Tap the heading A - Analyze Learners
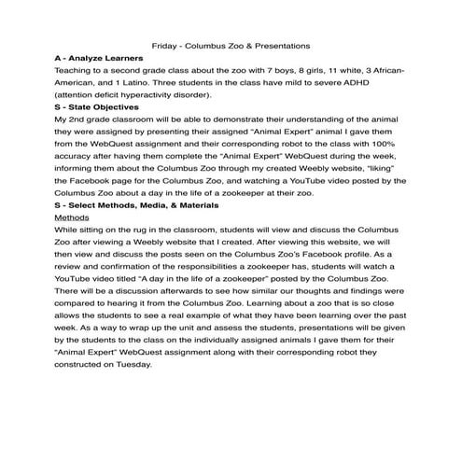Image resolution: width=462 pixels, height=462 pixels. coord(99,58)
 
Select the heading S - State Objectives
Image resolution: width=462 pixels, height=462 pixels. coord(97,108)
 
